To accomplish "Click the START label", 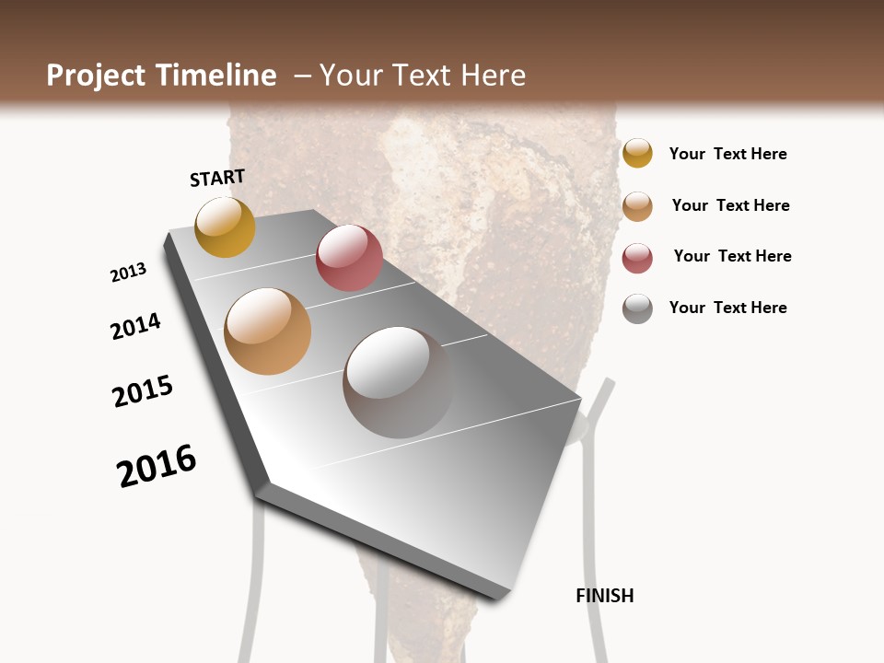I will pyautogui.click(x=217, y=178).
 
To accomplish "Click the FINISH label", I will pyautogui.click(x=604, y=596).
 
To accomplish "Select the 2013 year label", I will pyautogui.click(x=128, y=273).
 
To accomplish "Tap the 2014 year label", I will pyautogui.click(x=135, y=326).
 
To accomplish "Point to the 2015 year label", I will pyautogui.click(x=143, y=391).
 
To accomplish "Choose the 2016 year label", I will pyautogui.click(x=157, y=466).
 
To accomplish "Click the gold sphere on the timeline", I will pyautogui.click(x=225, y=227).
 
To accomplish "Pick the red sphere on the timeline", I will pyautogui.click(x=349, y=258).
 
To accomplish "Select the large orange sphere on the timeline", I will pyautogui.click(x=268, y=331).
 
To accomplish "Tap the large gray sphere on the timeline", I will pyautogui.click(x=398, y=382).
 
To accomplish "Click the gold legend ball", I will pyautogui.click(x=637, y=153).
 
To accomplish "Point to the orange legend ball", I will pyautogui.click(x=637, y=206).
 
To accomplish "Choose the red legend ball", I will pyautogui.click(x=637, y=258).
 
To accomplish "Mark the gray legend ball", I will pyautogui.click(x=637, y=308).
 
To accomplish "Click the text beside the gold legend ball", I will pyautogui.click(x=727, y=154).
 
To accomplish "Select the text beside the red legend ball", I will pyautogui.click(x=732, y=256).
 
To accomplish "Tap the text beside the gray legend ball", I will pyautogui.click(x=727, y=308).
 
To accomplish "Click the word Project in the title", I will pyautogui.click(x=96, y=76).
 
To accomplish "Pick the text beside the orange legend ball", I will pyautogui.click(x=730, y=205).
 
